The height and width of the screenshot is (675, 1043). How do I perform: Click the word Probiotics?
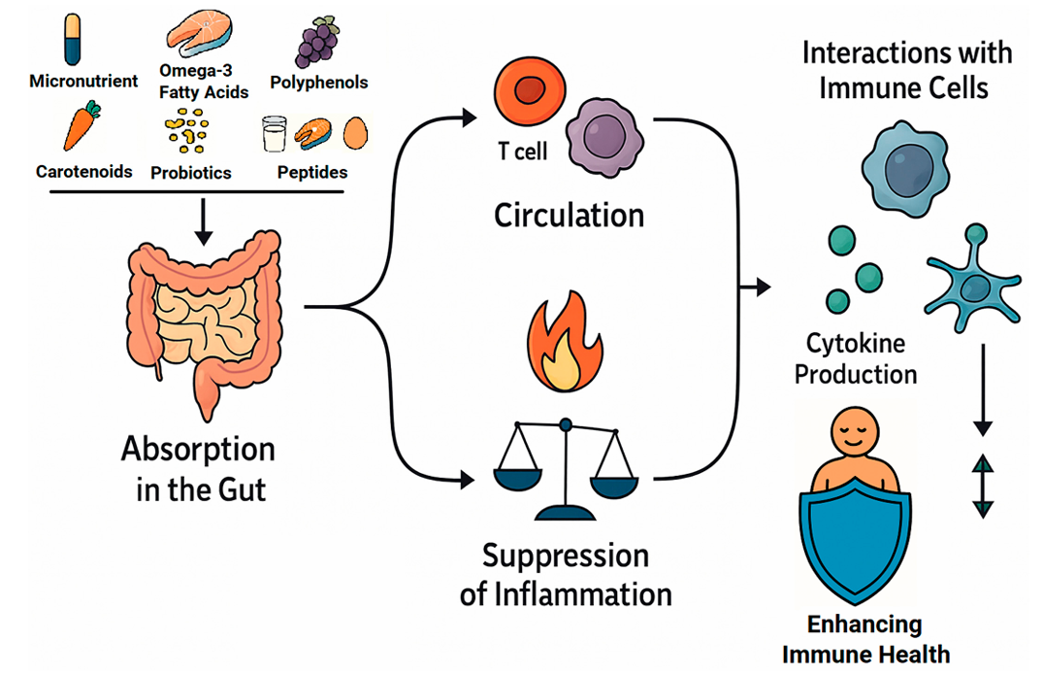[191, 173]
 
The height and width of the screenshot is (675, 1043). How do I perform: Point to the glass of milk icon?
[275, 134]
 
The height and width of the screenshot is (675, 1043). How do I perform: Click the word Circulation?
[569, 215]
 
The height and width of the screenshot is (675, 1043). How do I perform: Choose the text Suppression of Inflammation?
[566, 574]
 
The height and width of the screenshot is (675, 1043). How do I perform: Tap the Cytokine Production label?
[856, 358]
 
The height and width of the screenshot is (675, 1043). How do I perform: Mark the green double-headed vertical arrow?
[984, 486]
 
